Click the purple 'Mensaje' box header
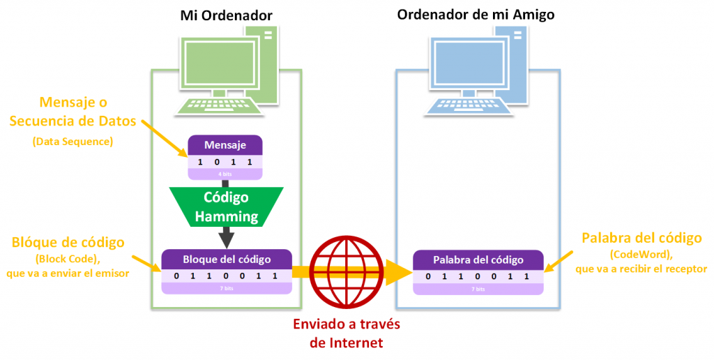pyautogui.click(x=225, y=145)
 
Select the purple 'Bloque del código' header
pyautogui.click(x=226, y=260)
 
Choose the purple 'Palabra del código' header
pyautogui.click(x=478, y=260)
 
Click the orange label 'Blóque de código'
pyautogui.click(x=68, y=242)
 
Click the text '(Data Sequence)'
pyautogui.click(x=73, y=142)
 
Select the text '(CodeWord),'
pyautogui.click(x=639, y=254)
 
